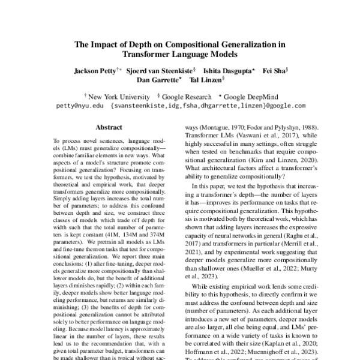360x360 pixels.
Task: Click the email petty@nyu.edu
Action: tap(77, 105)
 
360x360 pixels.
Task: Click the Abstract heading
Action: tap(111, 127)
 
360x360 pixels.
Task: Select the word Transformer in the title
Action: tap(151, 53)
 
